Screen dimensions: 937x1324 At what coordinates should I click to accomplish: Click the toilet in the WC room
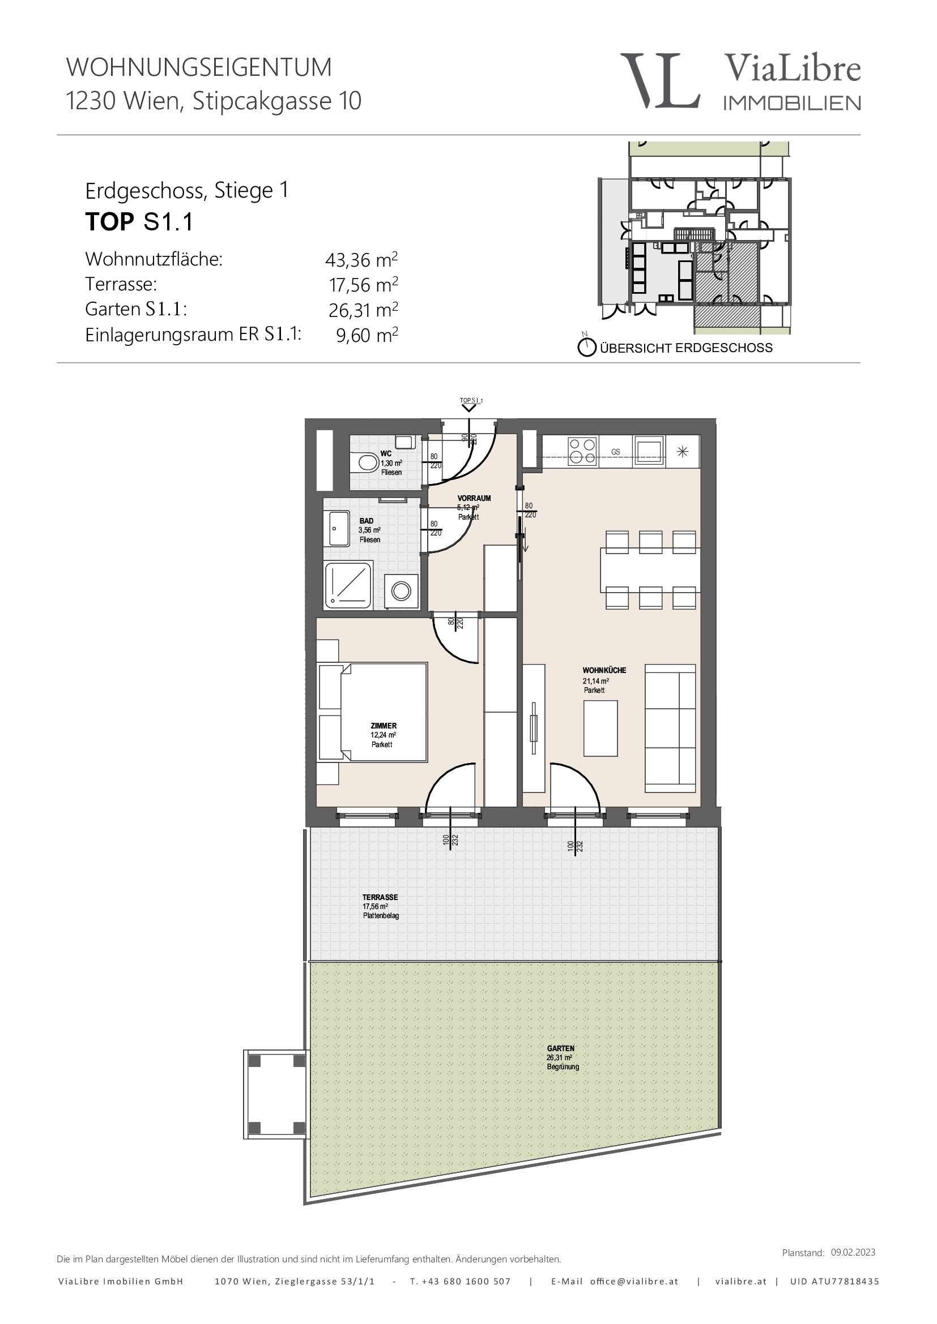pos(365,462)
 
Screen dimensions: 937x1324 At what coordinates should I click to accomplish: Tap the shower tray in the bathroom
pos(348,585)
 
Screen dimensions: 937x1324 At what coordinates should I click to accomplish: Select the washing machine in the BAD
pos(401,590)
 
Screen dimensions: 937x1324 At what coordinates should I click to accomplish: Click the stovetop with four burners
pos(582,452)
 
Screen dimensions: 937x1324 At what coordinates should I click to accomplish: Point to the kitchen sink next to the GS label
pos(649,451)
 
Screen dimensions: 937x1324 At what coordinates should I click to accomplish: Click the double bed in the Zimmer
pos(373,713)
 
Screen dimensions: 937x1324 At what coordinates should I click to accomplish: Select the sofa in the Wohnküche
pos(670,729)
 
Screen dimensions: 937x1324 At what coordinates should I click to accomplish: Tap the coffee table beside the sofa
pos(600,728)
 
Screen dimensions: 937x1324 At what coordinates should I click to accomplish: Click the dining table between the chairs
pos(650,570)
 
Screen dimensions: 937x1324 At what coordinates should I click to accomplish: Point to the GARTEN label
pos(560,1048)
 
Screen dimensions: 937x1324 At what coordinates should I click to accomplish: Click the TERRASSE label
pos(380,897)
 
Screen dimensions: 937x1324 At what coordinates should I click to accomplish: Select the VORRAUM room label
pos(474,498)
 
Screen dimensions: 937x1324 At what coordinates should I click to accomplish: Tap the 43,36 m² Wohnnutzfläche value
pos(362,259)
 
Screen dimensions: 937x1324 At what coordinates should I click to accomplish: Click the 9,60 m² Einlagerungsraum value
pos(367,335)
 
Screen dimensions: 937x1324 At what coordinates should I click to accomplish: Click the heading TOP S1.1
pos(139,222)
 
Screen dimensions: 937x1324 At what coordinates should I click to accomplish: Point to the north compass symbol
pos(586,346)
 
